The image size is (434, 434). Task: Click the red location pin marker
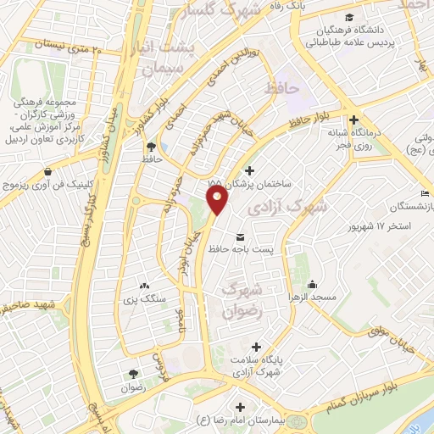pos(218,200)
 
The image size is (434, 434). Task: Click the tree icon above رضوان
pos(133,374)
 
